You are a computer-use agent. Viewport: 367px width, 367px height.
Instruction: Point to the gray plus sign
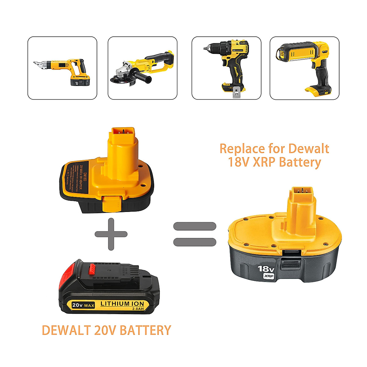[x=111, y=234]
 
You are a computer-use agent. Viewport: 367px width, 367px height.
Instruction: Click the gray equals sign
[x=195, y=234]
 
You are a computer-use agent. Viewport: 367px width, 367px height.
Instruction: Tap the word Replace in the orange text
[x=242, y=149]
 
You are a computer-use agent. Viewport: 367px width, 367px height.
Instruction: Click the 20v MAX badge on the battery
[x=83, y=305]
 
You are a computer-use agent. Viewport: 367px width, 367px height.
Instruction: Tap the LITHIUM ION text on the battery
[x=122, y=304]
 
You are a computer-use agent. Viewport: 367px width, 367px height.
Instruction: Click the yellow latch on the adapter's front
[x=112, y=204]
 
